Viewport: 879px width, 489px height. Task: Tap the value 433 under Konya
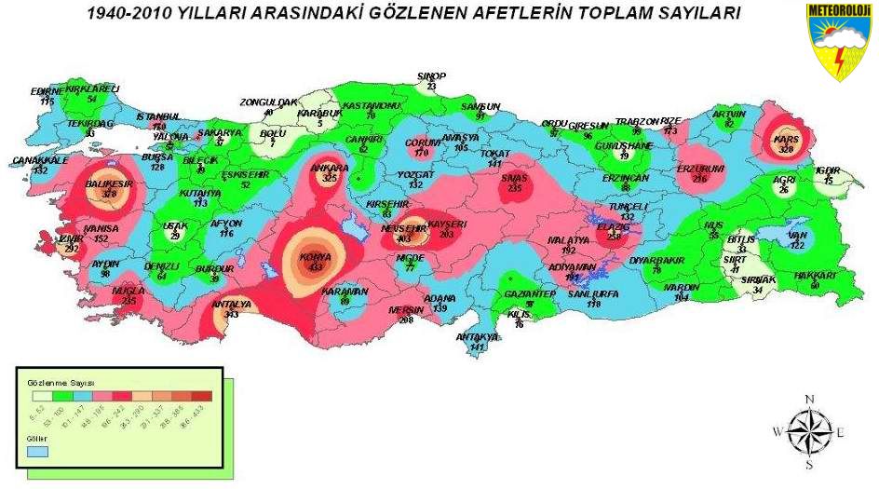(317, 267)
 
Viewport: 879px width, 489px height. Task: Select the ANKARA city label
(329, 169)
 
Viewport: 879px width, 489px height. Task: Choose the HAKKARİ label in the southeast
(815, 276)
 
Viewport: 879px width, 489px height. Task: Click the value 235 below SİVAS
(515, 187)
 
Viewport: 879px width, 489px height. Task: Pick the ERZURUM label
(700, 169)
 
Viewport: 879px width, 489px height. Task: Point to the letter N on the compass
(809, 400)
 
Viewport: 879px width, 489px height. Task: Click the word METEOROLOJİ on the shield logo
(840, 10)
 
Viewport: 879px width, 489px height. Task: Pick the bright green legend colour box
(58, 396)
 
